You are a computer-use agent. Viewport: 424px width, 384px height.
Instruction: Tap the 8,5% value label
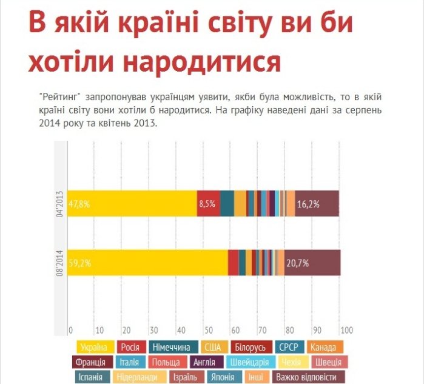click(207, 204)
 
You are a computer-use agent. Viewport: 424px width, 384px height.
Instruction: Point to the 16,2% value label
click(308, 204)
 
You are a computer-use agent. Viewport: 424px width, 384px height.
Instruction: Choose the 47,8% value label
click(79, 204)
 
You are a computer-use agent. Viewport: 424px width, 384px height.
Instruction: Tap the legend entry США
click(213, 348)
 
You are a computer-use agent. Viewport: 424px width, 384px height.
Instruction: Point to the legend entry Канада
click(325, 348)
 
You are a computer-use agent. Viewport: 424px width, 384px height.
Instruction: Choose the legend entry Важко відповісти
click(306, 377)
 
